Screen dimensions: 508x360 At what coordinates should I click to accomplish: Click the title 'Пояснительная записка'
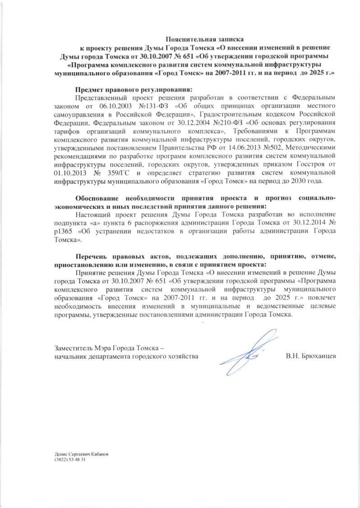click(x=206, y=39)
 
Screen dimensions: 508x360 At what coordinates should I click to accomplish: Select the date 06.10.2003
click(x=113, y=105)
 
